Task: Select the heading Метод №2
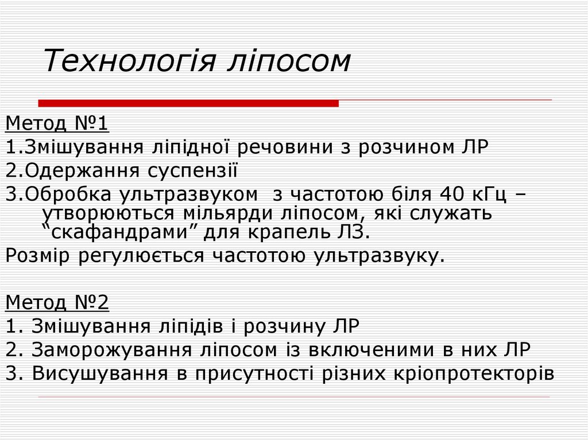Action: click(x=57, y=302)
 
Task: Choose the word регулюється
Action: click(x=144, y=255)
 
